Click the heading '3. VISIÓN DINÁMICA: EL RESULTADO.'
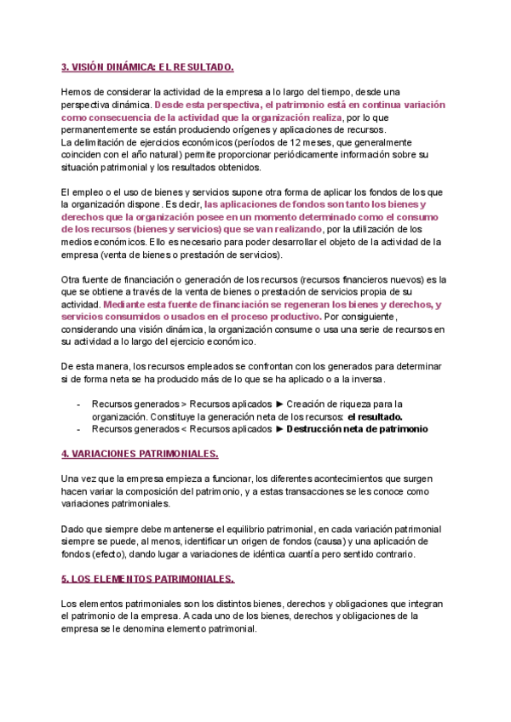point(147,67)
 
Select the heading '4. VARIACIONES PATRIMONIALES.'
point(140,454)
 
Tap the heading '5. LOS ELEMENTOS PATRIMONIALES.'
point(148,579)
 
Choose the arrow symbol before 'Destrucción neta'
point(278,430)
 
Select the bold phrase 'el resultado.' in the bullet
point(375,417)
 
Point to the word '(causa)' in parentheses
point(280,542)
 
